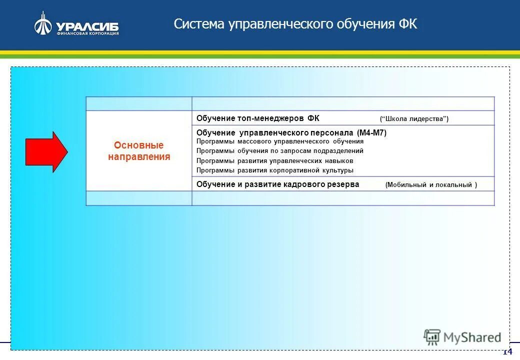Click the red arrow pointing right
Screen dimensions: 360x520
[46, 152]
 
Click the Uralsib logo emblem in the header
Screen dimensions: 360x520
[43, 24]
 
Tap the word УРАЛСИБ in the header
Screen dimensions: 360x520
[87, 26]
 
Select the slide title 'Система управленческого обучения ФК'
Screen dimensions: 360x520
[295, 24]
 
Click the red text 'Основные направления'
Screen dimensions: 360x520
[139, 151]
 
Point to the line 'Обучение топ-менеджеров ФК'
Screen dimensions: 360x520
[257, 118]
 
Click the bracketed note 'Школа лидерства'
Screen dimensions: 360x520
[414, 118]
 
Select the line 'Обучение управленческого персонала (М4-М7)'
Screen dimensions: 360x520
[291, 133]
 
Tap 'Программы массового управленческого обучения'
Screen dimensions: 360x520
[280, 141]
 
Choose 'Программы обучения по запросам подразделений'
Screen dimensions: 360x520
[280, 151]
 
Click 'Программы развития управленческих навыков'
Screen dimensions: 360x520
[275, 161]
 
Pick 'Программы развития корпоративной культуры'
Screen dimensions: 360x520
[275, 170]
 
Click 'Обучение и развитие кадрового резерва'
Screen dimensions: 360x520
[277, 184]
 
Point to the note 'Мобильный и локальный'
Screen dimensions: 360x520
[431, 185]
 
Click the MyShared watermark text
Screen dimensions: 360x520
[472, 337]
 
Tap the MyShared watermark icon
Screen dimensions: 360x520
[431, 337]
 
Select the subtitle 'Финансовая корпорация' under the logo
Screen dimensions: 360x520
[87, 34]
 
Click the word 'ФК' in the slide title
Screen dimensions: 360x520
[408, 24]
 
